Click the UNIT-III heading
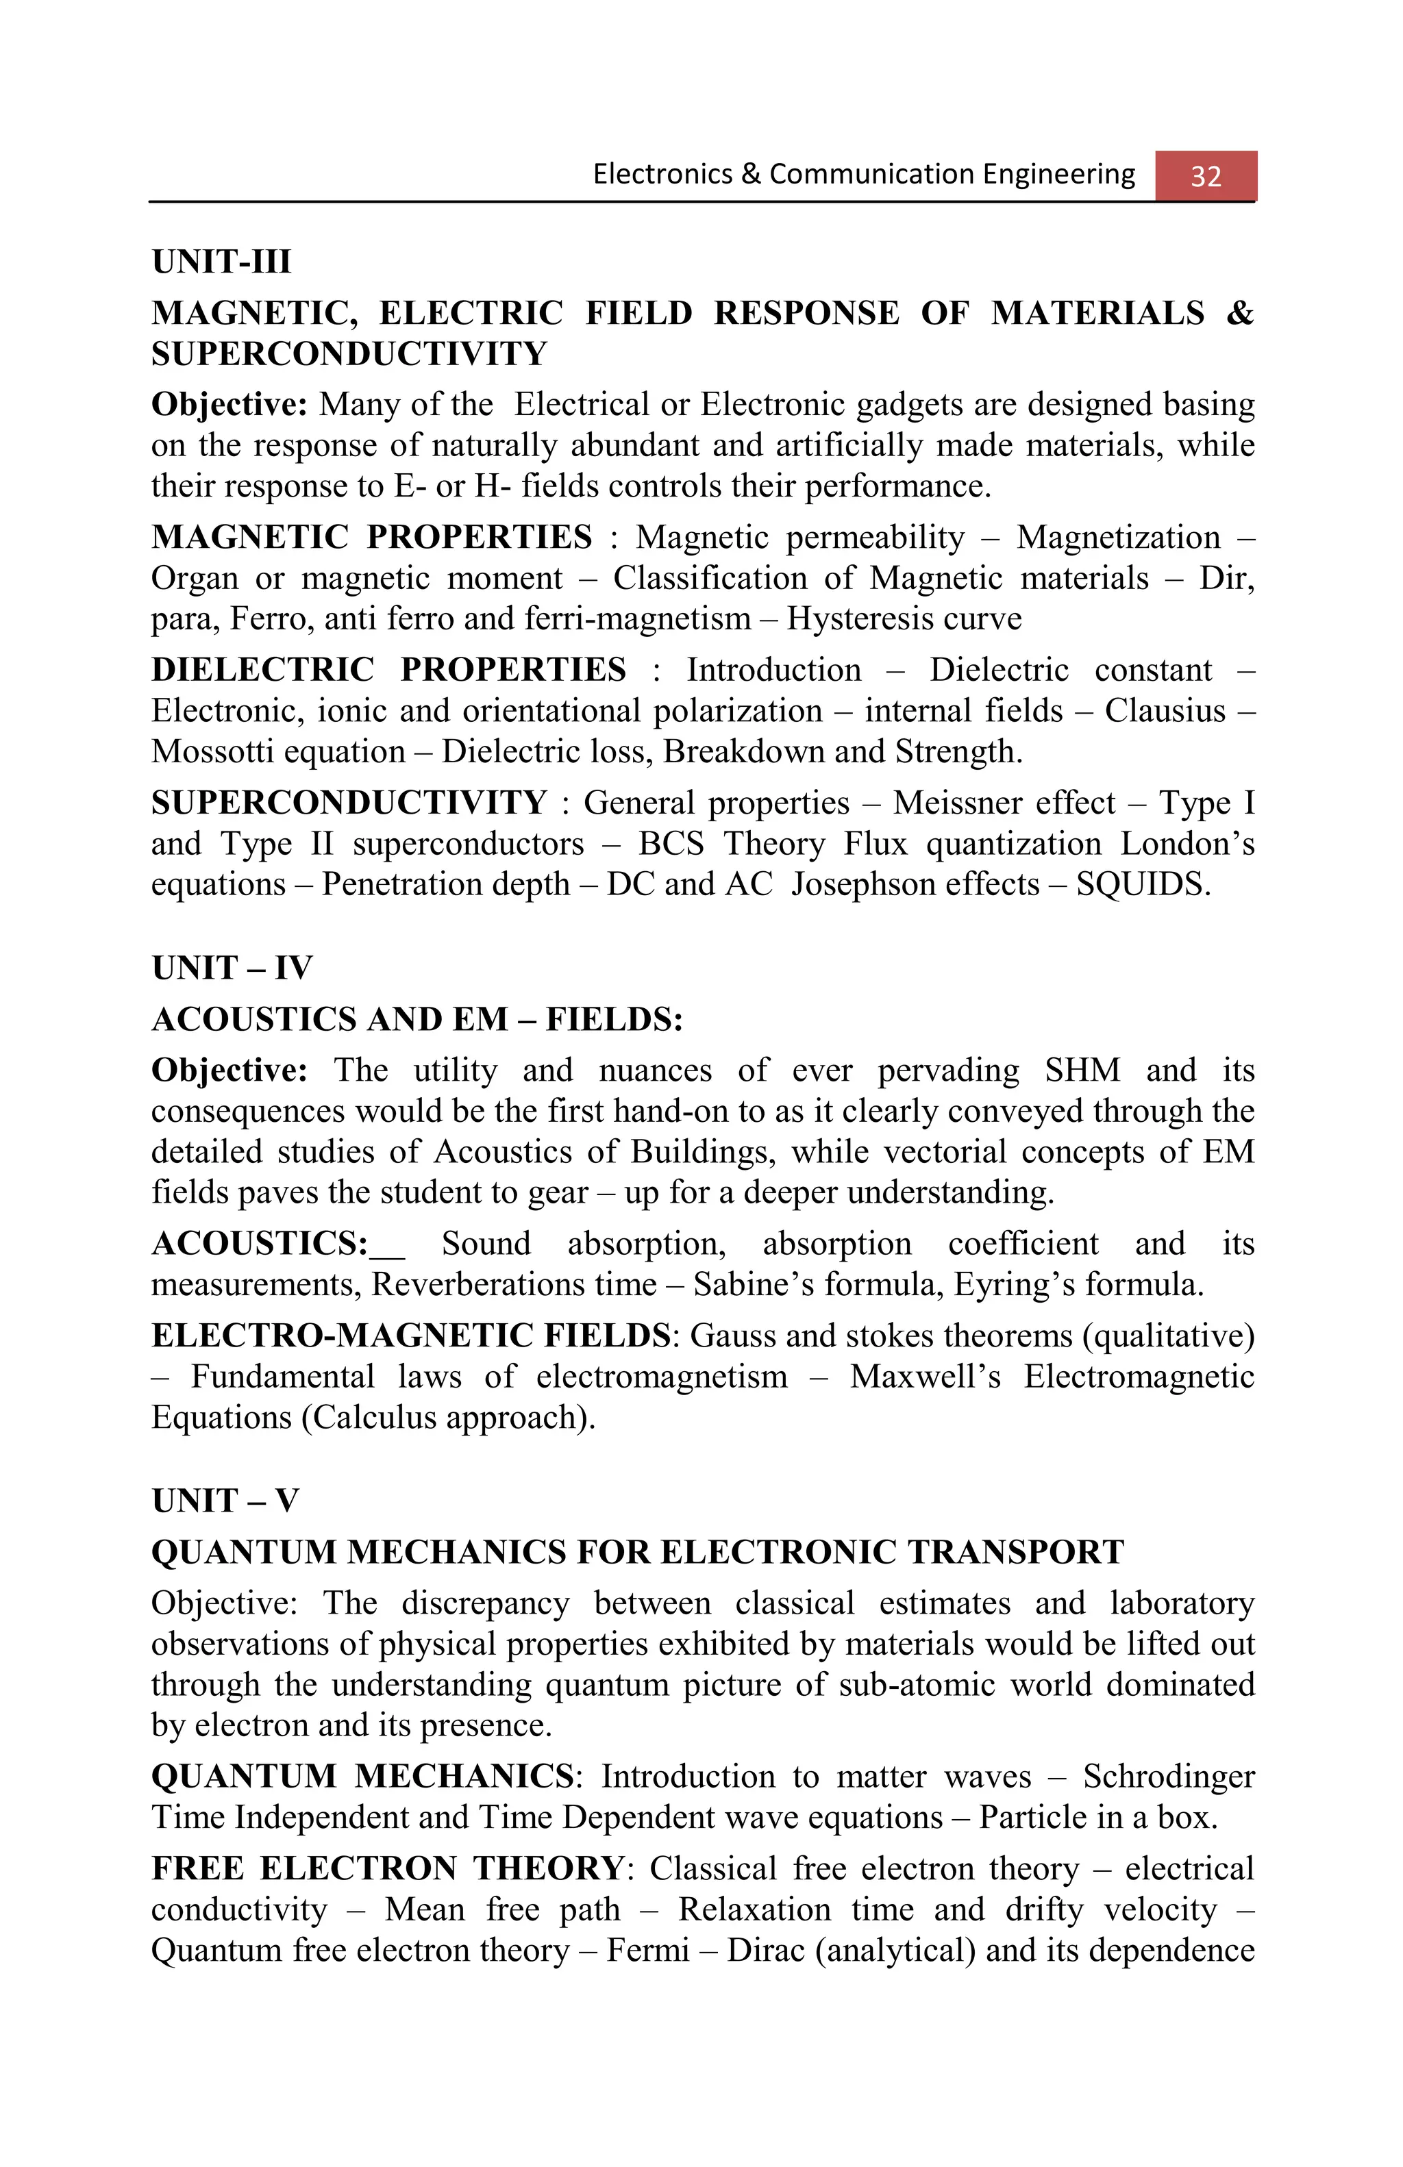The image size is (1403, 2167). (x=221, y=262)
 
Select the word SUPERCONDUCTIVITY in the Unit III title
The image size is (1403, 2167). (x=349, y=353)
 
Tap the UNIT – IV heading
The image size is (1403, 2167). (x=232, y=967)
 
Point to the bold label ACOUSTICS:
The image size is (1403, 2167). (x=260, y=1243)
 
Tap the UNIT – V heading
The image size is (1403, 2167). (x=225, y=1500)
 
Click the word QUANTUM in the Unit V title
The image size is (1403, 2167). (x=243, y=1551)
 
